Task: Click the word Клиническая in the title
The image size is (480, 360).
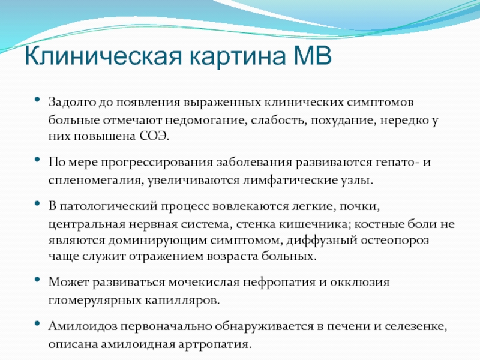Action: click(x=103, y=56)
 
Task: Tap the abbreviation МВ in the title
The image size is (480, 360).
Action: click(x=313, y=55)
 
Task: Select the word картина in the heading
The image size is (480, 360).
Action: click(x=238, y=57)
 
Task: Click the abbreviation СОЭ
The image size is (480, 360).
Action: click(x=154, y=136)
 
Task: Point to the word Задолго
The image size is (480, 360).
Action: click(x=71, y=102)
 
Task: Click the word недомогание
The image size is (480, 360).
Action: click(x=206, y=120)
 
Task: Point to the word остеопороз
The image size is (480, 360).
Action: click(x=395, y=241)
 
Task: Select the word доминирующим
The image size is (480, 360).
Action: click(x=158, y=241)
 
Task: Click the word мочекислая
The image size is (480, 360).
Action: click(x=204, y=281)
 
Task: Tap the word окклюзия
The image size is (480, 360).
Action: click(x=359, y=281)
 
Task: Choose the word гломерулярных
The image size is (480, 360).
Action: click(x=95, y=301)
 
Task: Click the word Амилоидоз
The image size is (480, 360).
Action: click(x=83, y=326)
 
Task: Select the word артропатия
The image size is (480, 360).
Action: click(x=215, y=344)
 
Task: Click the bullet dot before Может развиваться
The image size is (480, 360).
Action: click(x=37, y=279)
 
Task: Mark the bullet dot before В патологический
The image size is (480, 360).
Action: click(x=37, y=203)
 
